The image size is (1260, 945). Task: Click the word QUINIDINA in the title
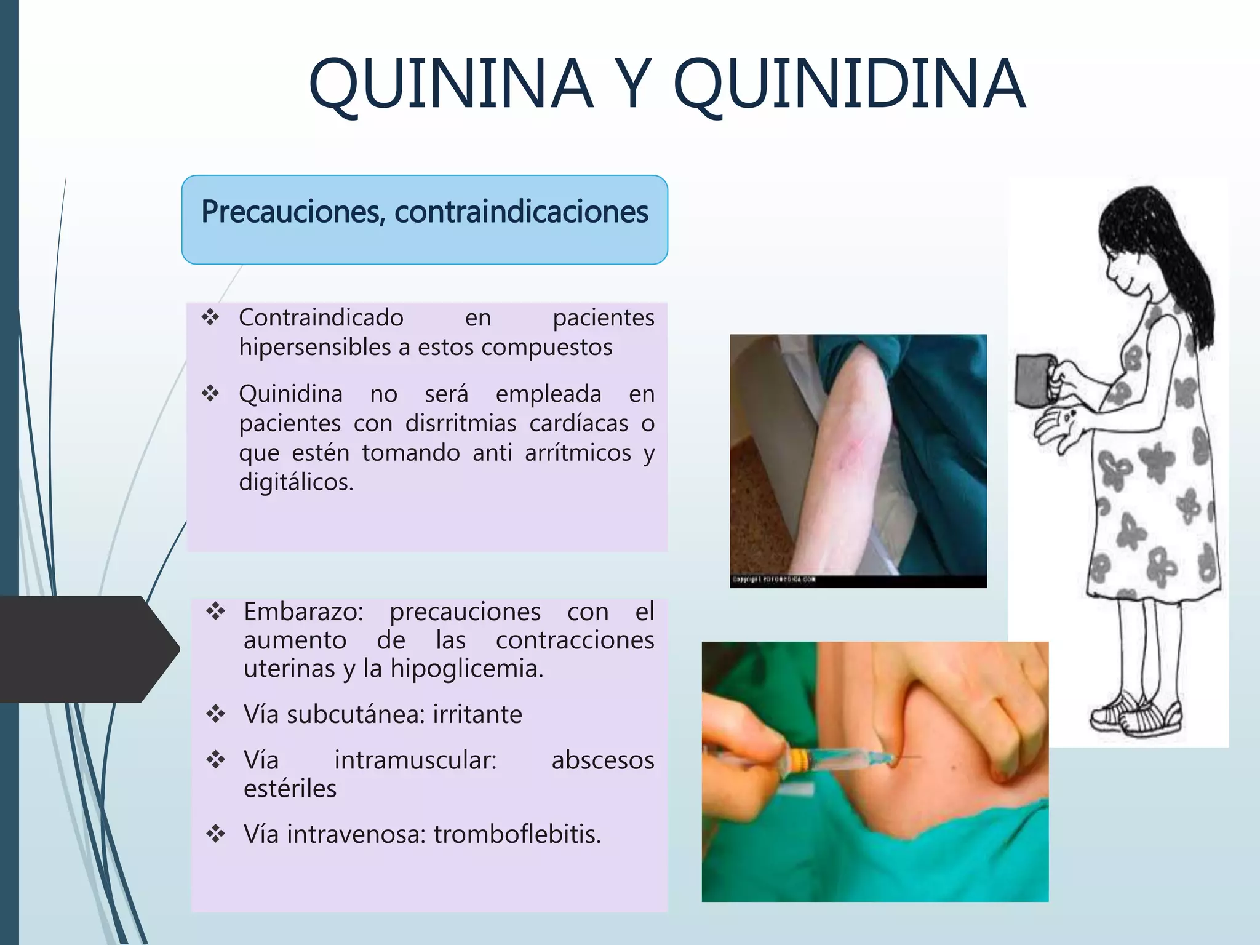pyautogui.click(x=849, y=84)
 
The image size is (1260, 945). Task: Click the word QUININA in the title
pyautogui.click(x=450, y=84)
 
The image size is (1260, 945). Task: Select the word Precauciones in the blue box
pyautogui.click(x=293, y=212)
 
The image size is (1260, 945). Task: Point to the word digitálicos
pyautogui.click(x=296, y=482)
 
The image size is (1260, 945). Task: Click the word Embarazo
pyautogui.click(x=303, y=612)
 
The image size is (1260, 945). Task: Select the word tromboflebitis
pyautogui.click(x=517, y=835)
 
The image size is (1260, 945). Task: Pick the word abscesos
pyautogui.click(x=602, y=760)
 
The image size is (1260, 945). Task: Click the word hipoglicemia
pyautogui.click(x=466, y=669)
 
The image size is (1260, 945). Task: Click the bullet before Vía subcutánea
pyautogui.click(x=215, y=714)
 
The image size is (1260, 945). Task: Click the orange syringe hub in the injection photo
pyautogui.click(x=797, y=760)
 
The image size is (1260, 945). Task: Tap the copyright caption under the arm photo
pyautogui.click(x=774, y=580)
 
